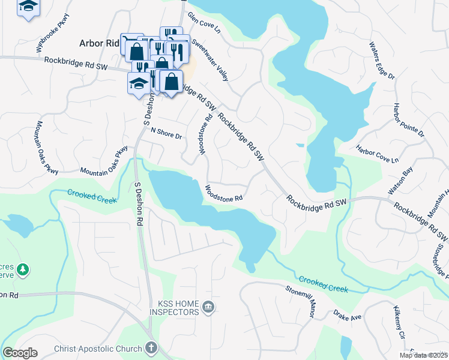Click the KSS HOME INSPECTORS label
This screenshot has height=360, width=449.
pyautogui.click(x=170, y=308)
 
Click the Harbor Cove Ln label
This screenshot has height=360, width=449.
pyautogui.click(x=377, y=154)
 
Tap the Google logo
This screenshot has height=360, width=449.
pyautogui.click(x=20, y=353)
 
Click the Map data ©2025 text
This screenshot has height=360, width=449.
pyautogui.click(x=423, y=355)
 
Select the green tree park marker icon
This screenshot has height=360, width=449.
pyautogui.click(x=23, y=269)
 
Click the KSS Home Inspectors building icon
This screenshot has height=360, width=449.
pyautogui.click(x=208, y=308)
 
